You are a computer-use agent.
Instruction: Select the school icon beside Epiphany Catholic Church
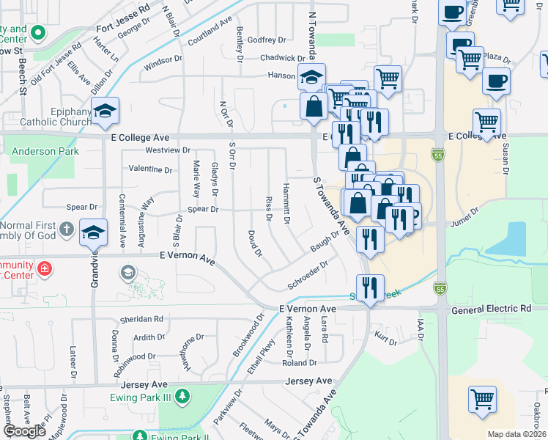click(105, 110)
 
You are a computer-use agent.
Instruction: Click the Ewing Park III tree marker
click(182, 397)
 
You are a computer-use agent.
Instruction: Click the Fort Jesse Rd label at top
click(123, 7)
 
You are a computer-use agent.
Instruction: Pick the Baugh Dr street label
click(325, 241)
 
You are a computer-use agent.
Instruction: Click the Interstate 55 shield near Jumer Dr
click(437, 155)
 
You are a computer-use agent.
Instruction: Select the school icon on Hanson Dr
click(311, 76)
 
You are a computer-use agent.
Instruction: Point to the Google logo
click(24, 431)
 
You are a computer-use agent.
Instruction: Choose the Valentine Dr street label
click(150, 169)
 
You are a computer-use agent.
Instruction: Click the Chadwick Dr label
click(281, 58)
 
